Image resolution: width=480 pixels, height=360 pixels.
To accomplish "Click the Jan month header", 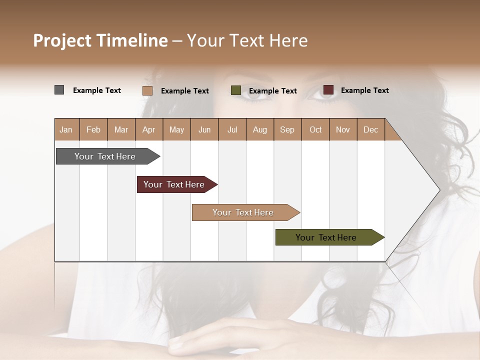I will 66,130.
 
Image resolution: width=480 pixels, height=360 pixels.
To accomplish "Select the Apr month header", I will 148,130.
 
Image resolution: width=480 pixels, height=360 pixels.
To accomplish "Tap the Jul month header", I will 232,130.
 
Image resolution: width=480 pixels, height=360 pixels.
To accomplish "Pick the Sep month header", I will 287,130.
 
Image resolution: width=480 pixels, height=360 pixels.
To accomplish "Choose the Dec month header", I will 370,130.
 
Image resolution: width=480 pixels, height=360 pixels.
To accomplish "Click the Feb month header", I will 93,130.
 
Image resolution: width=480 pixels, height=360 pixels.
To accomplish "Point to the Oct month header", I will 315,130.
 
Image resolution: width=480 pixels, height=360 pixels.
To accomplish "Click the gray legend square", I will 59,90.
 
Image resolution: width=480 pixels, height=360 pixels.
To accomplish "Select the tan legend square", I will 147,90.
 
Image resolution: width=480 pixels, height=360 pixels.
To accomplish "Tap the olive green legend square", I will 236,90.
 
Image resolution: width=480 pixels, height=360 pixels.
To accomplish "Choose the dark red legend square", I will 328,90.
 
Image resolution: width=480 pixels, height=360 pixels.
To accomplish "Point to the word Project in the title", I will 62,41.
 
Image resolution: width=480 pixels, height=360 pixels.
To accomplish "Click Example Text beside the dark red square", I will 364,90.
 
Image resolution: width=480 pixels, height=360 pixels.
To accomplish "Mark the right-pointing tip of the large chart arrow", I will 438,189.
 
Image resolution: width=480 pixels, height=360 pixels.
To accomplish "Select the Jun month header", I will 204,130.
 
